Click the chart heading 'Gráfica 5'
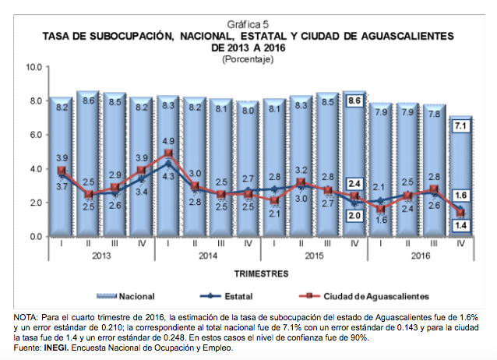point(248,24)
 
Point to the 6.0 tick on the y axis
point(33,135)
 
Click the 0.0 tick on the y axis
point(33,236)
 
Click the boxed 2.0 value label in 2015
point(354,214)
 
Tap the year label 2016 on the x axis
point(420,256)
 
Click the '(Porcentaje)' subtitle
point(248,59)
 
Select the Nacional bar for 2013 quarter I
point(59,171)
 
